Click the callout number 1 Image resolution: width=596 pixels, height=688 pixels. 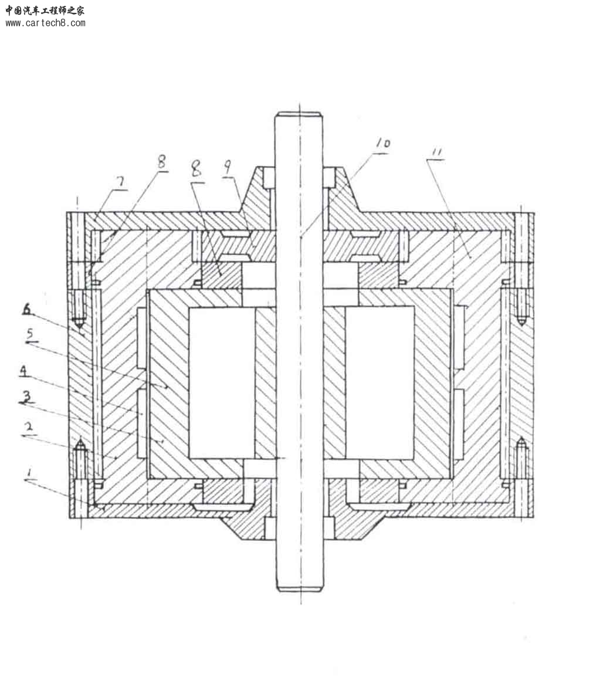pos(29,473)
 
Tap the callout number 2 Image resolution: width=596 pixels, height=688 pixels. pos(29,426)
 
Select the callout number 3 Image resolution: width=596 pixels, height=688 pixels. pos(27,397)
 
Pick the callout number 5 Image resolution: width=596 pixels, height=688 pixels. pos(30,334)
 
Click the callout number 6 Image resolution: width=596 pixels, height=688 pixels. pos(27,309)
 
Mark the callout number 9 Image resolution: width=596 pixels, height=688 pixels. pos(228,167)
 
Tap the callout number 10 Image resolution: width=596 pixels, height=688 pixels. pos(382,144)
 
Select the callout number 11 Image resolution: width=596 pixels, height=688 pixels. pos(437,152)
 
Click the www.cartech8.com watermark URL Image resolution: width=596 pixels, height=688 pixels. pos(45,23)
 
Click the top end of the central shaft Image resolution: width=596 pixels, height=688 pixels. pos(299,113)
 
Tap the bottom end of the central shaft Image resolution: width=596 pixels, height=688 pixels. pos(300,589)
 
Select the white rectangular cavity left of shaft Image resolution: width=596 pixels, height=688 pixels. pos(222,383)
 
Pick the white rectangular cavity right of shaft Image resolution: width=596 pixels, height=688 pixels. pos(380,383)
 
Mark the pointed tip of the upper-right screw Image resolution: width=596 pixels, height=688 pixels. pos(521,324)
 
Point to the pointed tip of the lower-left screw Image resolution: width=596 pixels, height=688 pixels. pos(80,439)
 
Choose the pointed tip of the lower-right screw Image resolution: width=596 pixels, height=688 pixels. pos(521,438)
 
